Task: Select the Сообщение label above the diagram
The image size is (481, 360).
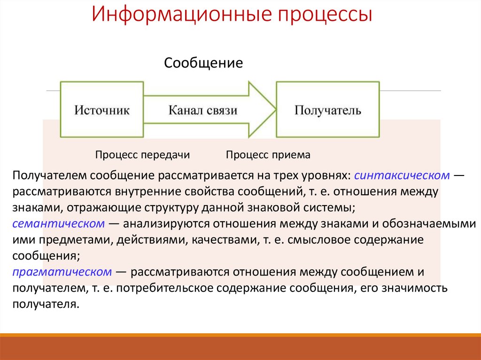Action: tap(203, 63)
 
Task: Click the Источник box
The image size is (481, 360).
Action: tap(101, 110)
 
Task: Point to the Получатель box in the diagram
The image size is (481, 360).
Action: tap(327, 110)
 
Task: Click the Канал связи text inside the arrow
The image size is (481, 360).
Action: tap(203, 110)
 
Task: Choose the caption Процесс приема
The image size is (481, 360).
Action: tap(268, 155)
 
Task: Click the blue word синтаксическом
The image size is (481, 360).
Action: tap(403, 175)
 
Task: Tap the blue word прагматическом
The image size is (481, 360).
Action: tap(62, 272)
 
